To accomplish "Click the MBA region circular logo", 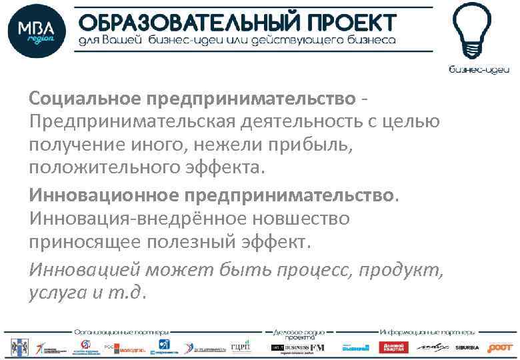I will click(37, 31).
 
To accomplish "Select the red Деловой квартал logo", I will click(393, 347).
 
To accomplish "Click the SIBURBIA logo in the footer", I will click(467, 347).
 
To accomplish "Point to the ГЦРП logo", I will click(240, 347).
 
